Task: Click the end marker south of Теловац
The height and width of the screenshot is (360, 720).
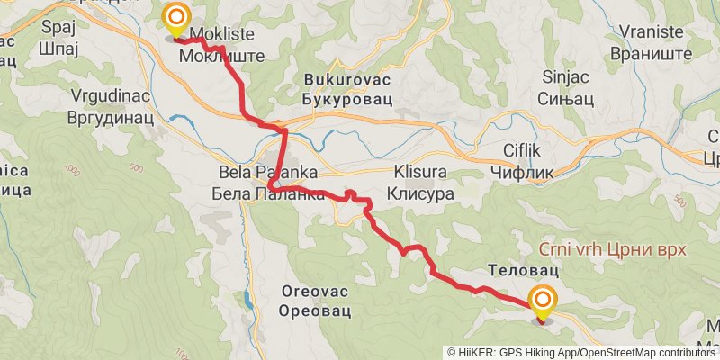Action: point(543,302)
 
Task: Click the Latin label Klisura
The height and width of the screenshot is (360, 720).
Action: point(418,171)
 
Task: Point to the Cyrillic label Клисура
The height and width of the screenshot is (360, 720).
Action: point(418,193)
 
